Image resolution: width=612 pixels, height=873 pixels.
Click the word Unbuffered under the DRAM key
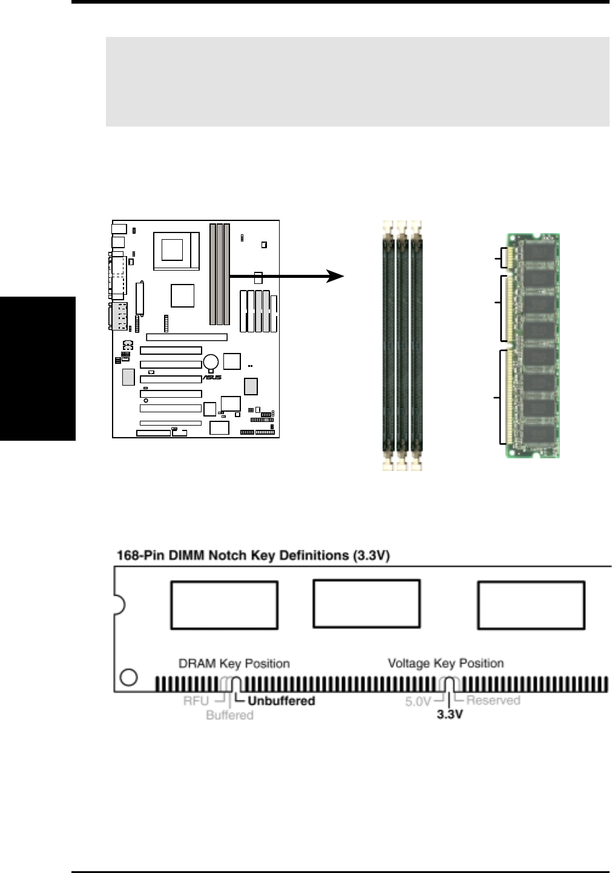(281, 700)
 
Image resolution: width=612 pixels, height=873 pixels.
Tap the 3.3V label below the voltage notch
(450, 714)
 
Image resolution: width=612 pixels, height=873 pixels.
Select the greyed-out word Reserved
(493, 700)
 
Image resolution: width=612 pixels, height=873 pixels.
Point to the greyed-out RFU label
(196, 700)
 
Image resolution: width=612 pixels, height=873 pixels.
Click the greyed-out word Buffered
(229, 715)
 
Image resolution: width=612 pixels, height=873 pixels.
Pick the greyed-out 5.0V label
(418, 701)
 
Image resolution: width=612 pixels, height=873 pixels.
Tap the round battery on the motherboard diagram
(211, 362)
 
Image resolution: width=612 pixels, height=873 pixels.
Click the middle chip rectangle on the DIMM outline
(366, 604)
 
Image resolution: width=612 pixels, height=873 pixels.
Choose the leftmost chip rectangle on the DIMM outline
(224, 605)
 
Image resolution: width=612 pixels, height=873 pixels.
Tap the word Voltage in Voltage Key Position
(408, 663)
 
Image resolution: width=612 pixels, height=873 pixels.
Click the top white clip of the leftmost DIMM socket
(387, 228)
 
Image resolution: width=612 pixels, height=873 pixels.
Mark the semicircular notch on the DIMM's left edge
(119, 604)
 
